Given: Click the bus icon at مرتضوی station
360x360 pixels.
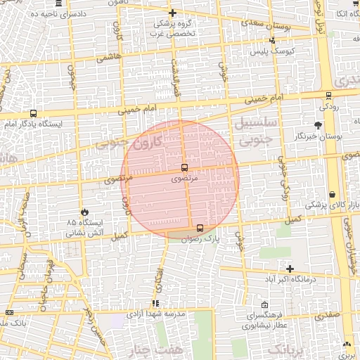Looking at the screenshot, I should click(184, 167).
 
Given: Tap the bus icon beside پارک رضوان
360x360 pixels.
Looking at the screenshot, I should click(201, 228).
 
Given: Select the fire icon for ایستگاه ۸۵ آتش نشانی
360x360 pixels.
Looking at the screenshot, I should click(86, 210).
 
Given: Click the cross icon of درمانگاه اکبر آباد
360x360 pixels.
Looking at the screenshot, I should click(290, 269).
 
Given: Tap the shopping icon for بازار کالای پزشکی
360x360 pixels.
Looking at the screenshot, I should click(332, 195).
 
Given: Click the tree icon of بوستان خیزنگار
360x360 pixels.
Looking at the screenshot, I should click(319, 125).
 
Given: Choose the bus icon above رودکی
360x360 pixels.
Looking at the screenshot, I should click(328, 96).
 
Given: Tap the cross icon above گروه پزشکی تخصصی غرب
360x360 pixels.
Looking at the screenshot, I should click(173, 13).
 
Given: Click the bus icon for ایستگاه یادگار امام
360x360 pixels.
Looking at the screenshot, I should click(34, 113).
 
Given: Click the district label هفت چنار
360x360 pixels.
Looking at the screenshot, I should click(148, 350).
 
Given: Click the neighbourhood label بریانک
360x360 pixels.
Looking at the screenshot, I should click(290, 349).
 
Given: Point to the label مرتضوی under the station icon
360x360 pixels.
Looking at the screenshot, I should click(184, 179).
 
